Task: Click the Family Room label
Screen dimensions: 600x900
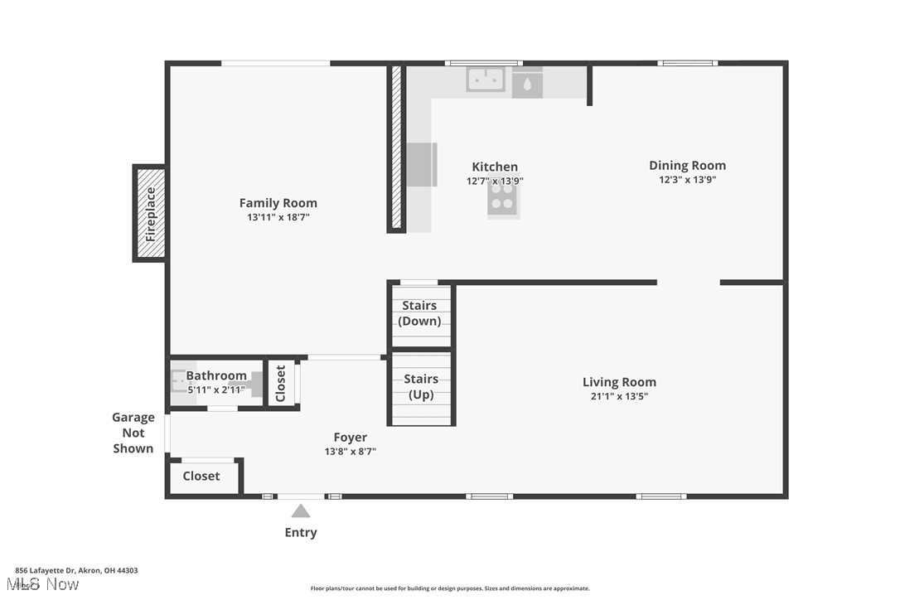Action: point(278,203)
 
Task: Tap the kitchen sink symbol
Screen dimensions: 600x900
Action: point(486,80)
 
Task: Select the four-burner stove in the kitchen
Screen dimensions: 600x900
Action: point(502,200)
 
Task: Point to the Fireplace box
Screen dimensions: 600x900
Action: point(150,214)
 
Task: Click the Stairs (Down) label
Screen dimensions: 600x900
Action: point(420,313)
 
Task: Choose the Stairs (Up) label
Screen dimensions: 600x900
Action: point(421,387)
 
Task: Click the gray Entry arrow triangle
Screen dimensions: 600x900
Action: point(301,511)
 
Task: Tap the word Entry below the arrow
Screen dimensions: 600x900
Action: point(301,533)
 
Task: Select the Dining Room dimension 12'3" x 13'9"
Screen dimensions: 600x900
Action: point(687,180)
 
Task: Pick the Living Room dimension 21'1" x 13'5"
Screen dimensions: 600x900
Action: point(619,396)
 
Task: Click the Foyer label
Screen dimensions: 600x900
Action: point(351,438)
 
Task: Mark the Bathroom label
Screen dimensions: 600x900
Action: point(216,375)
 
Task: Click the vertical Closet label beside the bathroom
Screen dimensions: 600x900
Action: point(280,384)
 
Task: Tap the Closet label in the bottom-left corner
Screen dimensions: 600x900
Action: point(201,476)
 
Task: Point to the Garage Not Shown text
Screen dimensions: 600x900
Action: point(133,433)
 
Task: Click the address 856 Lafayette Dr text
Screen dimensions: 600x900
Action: point(76,570)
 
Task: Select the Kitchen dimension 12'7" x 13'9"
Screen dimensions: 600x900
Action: point(495,181)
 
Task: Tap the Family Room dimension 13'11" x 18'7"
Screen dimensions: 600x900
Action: point(278,217)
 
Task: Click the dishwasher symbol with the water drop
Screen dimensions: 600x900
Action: point(527,84)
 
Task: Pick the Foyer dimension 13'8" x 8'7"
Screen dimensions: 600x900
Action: point(351,452)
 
